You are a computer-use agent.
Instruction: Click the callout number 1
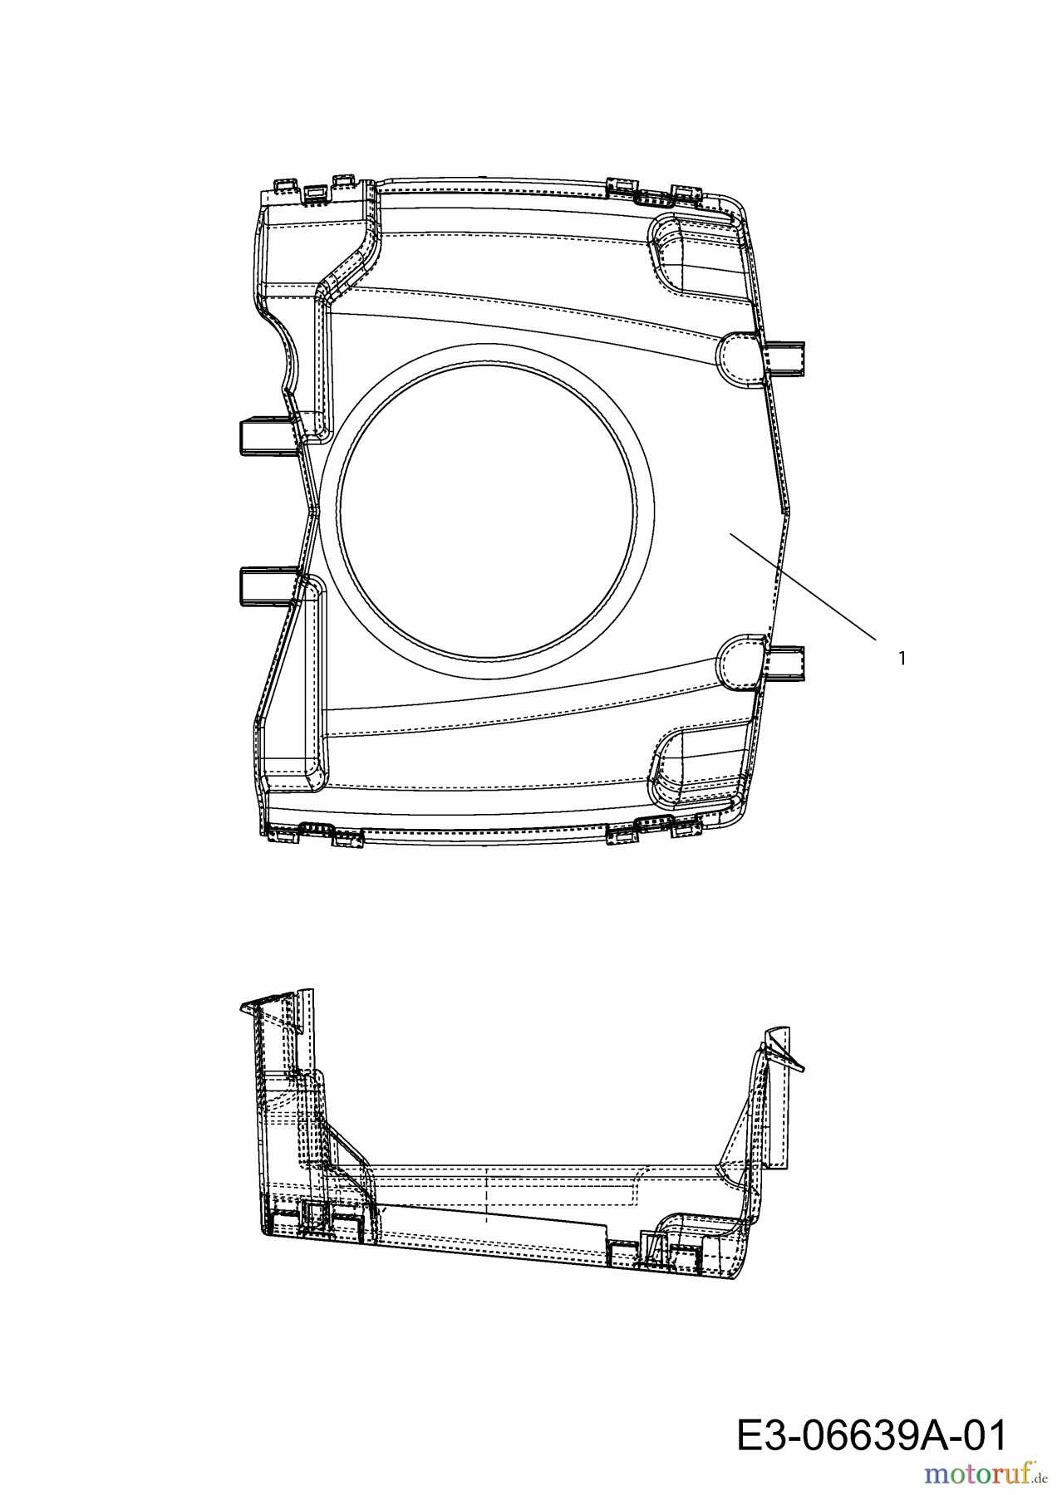point(902,659)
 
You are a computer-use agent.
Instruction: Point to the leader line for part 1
point(803,587)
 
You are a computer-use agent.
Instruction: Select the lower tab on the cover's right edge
point(786,664)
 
